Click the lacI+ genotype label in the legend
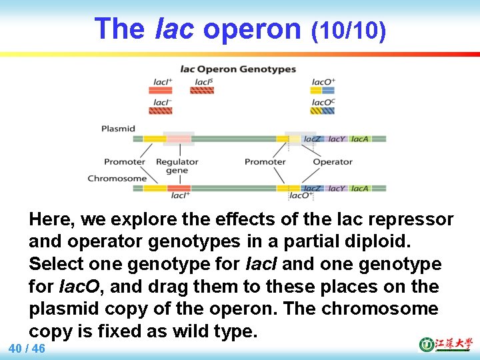coord(163,82)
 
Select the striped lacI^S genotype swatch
coord(202,90)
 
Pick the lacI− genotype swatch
coord(161,111)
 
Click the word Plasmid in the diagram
coord(118,129)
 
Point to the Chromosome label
coord(117,178)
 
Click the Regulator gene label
coord(177,165)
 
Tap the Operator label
coord(332,161)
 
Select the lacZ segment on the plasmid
coord(313,139)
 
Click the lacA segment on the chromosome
coord(359,188)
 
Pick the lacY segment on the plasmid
coord(337,139)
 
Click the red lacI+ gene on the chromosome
coord(179,188)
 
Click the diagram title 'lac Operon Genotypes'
coord(238,69)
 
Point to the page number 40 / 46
coord(27,349)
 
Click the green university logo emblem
coord(426,344)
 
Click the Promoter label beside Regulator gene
coord(124,161)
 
